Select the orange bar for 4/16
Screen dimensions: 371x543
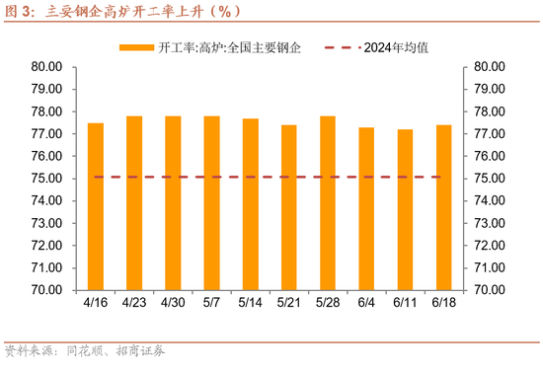pos(96,206)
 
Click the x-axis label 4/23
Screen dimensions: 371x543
pos(134,303)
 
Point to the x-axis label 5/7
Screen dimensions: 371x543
pos(212,303)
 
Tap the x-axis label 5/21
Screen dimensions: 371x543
pos(289,303)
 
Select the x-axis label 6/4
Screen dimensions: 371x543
pos(366,303)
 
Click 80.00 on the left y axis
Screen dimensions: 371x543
pos(46,67)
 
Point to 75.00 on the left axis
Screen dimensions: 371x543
pos(46,179)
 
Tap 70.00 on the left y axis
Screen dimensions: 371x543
pos(46,290)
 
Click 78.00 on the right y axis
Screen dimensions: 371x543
pos(491,111)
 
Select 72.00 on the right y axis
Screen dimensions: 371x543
pos(491,246)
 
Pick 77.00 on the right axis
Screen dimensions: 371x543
pos(491,134)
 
